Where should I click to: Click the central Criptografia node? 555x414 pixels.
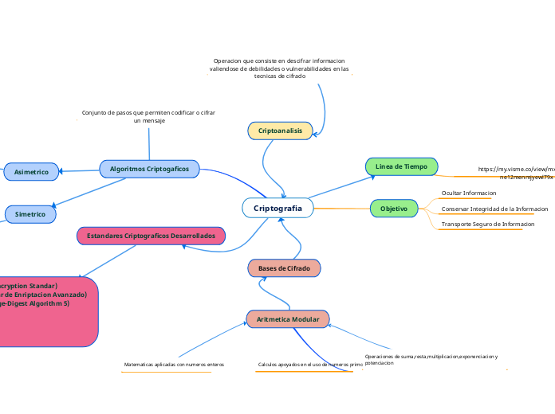point(277,208)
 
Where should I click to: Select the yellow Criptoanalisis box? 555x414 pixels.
point(280,131)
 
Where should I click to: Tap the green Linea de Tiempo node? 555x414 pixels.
point(401,166)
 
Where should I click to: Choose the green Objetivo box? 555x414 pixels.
point(394,209)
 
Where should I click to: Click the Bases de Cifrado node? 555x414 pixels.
point(284,268)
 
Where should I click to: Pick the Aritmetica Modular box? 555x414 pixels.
point(288,319)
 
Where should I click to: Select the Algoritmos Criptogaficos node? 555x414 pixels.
point(149,169)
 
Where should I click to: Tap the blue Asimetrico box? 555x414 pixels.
point(31,171)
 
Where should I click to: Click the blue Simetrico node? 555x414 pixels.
point(30,214)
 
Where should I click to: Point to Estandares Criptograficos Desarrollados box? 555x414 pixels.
point(151,236)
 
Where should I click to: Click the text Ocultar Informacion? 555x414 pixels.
point(469,193)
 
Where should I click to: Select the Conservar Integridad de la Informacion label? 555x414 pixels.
point(494,209)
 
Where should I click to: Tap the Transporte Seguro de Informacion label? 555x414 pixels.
point(487,225)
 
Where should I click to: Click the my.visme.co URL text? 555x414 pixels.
point(515,173)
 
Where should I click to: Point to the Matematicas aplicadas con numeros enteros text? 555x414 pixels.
point(174,365)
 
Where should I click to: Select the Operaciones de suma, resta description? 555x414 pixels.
point(431,359)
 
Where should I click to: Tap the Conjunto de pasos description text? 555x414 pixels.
point(148,116)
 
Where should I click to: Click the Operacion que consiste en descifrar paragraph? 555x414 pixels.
point(279,68)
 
